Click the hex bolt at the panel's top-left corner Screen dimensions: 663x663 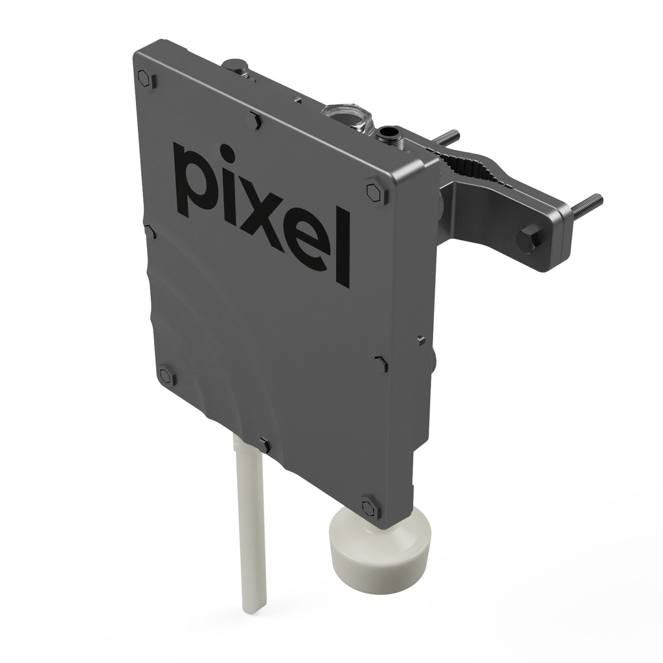[x=145, y=78]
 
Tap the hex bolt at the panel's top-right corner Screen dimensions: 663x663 [x=374, y=192]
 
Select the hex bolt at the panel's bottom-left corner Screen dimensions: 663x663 [x=166, y=376]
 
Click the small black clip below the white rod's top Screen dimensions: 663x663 [x=264, y=445]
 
